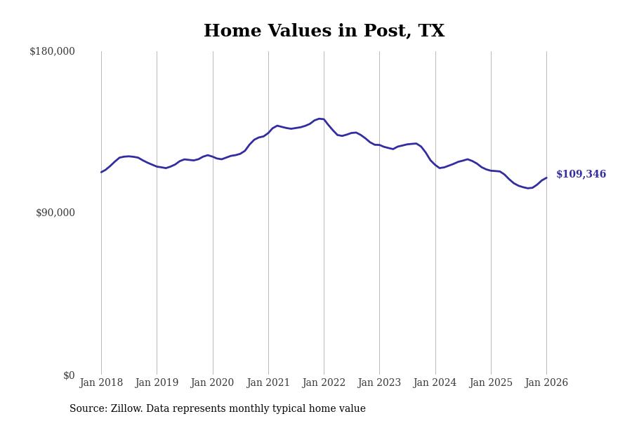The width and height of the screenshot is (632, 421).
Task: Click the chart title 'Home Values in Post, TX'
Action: pos(324,32)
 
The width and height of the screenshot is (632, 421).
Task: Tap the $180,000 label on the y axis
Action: pos(52,51)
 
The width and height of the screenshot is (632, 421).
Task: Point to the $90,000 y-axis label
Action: pos(55,213)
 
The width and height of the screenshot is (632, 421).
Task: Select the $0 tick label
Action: pos(69,375)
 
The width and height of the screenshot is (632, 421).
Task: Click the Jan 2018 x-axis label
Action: pos(101,383)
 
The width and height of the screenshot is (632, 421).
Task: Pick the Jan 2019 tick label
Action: pos(157,383)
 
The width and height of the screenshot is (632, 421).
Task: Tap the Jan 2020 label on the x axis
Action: pos(212,383)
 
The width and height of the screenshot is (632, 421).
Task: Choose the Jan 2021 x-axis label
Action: pos(268,383)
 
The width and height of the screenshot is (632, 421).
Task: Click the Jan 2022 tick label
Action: pos(324,383)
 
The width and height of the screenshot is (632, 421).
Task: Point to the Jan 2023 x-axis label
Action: pos(379,383)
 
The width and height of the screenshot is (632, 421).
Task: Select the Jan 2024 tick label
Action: pos(435,383)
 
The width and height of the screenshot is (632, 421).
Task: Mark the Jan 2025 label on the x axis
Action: pos(491,383)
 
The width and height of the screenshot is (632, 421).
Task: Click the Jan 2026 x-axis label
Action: pos(546,383)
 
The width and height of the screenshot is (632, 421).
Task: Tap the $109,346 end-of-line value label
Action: pos(581,175)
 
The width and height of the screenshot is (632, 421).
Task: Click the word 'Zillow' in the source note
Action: pos(125,409)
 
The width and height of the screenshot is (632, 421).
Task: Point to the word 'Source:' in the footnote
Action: pos(88,409)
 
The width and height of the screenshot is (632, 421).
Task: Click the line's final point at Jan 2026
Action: pos(546,178)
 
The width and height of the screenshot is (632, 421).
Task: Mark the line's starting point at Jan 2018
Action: pos(101,172)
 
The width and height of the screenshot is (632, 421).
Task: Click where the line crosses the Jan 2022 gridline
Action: pos(324,119)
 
